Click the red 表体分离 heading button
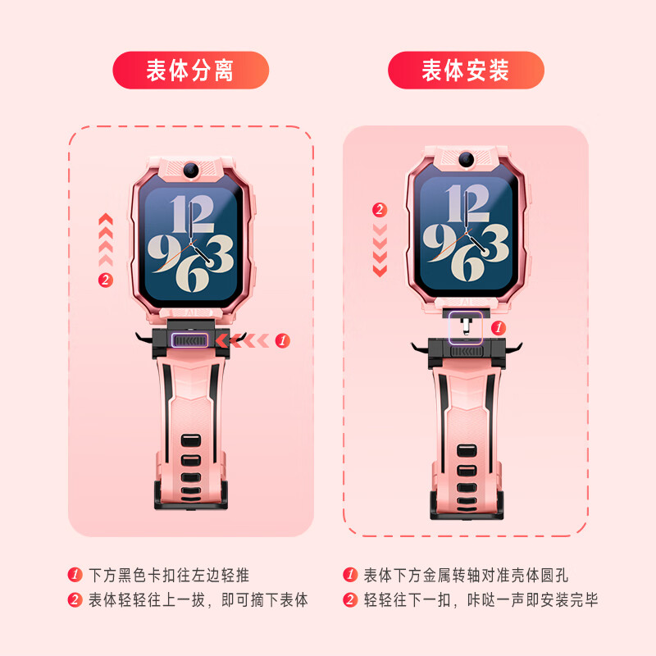point(190,71)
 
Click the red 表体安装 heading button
point(466,71)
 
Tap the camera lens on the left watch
point(191,168)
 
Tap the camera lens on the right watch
point(467,158)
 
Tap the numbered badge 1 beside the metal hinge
point(498,327)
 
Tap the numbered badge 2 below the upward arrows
point(105,280)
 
